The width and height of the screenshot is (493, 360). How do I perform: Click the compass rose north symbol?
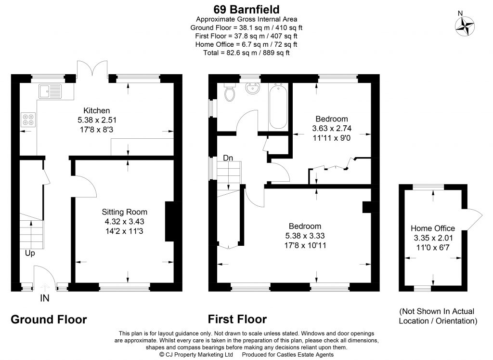[x=465, y=26]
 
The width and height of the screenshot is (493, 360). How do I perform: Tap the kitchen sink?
[x=51, y=90]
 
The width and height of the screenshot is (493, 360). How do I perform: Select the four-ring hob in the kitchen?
[x=28, y=120]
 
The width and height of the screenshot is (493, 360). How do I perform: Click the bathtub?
[x=278, y=106]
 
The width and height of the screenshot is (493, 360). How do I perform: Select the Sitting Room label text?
[x=124, y=212]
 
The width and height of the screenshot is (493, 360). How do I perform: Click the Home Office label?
[x=433, y=228]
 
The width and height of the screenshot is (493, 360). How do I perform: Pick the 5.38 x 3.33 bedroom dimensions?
[x=305, y=236]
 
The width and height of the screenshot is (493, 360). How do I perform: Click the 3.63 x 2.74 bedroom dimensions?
[x=331, y=128]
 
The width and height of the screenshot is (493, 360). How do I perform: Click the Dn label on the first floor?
[x=229, y=158]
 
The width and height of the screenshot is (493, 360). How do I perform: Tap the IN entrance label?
[x=44, y=299]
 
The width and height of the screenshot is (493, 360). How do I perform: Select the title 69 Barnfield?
[x=246, y=9]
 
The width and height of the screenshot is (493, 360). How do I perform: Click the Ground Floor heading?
[x=49, y=319]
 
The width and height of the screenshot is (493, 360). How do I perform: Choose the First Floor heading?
[x=237, y=319]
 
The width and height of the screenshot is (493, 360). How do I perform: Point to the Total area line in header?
[x=246, y=53]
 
